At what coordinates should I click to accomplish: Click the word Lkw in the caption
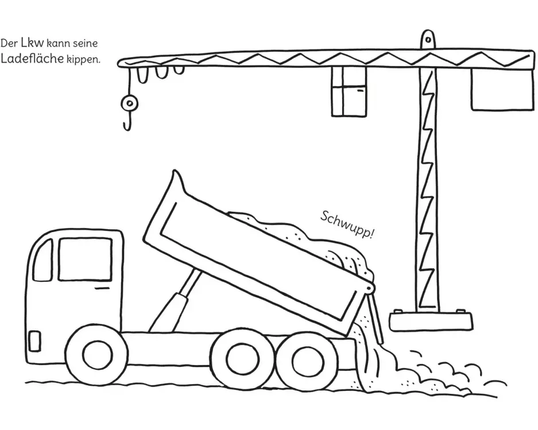point(32,42)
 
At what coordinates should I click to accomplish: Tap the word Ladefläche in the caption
point(32,59)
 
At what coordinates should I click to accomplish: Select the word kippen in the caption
point(83,60)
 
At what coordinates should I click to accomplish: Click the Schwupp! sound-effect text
point(347,226)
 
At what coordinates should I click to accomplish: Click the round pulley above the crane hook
point(129,103)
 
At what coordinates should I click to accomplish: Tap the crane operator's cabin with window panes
point(349,91)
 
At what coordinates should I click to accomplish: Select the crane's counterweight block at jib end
point(502,89)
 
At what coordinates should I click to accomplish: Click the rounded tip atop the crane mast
point(428,39)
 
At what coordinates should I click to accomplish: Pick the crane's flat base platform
point(431,321)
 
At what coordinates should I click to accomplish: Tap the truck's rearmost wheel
point(308,359)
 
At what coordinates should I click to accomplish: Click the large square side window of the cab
point(85,259)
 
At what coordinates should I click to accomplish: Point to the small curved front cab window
point(43,261)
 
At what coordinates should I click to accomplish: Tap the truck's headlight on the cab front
point(34,341)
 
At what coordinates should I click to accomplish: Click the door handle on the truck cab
point(102,289)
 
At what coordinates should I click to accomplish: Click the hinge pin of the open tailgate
point(369,288)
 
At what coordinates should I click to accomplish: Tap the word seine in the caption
point(85,44)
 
